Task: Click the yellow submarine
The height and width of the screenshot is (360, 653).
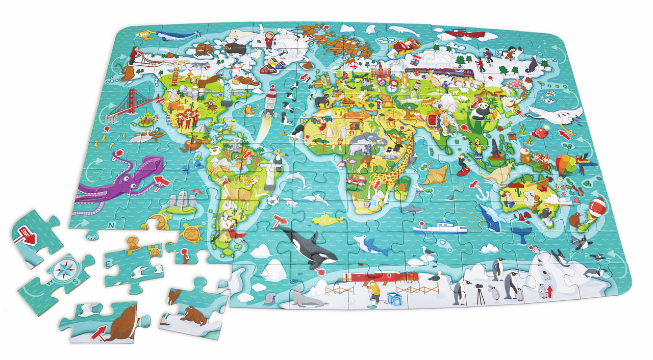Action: (327, 219)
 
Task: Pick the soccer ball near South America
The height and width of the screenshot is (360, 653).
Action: (273, 201)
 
